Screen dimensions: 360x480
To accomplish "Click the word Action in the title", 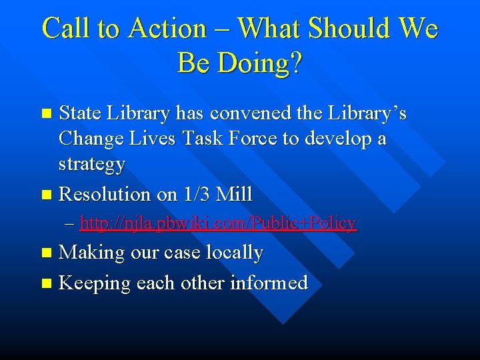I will click(x=168, y=29).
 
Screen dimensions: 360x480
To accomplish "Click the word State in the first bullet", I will click(x=81, y=114).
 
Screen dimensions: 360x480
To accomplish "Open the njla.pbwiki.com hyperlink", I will click(x=218, y=223).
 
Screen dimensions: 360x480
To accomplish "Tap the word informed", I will click(x=269, y=283).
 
